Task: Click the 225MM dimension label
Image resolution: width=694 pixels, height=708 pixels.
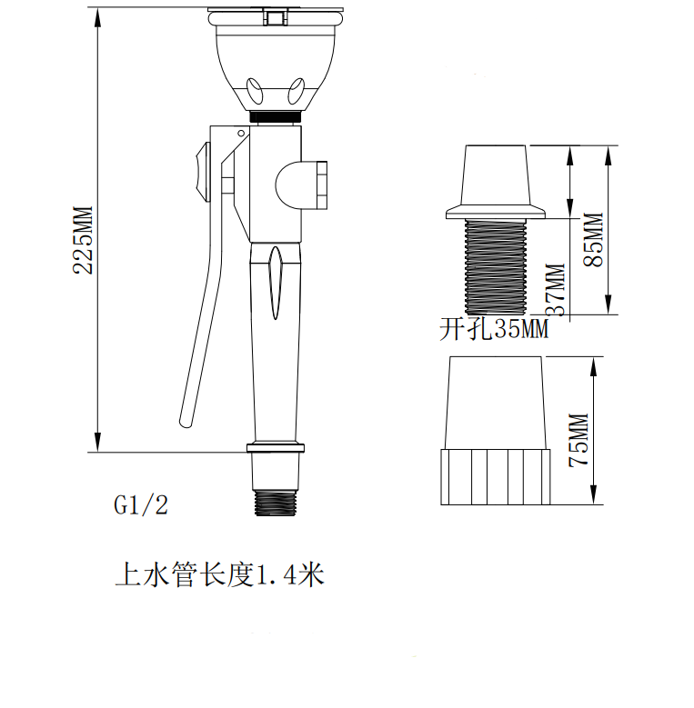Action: click(x=83, y=239)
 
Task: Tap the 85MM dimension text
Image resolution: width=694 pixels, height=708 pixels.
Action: click(x=593, y=238)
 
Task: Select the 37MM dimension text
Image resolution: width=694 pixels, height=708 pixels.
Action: click(x=556, y=289)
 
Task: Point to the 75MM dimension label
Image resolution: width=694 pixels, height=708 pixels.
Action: click(x=579, y=439)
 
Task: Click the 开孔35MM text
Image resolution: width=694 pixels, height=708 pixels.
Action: click(x=494, y=329)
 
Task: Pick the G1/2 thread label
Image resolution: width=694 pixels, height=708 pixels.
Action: click(x=141, y=505)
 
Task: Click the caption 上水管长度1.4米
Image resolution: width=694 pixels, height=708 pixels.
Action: click(x=219, y=574)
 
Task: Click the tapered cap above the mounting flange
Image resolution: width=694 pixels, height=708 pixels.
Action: click(x=497, y=175)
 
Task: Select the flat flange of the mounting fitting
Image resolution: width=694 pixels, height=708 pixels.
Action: click(x=496, y=213)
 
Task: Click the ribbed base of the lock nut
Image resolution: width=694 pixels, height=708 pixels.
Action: click(x=497, y=475)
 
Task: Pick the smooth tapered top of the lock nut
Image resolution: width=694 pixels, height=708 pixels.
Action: click(x=497, y=400)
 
